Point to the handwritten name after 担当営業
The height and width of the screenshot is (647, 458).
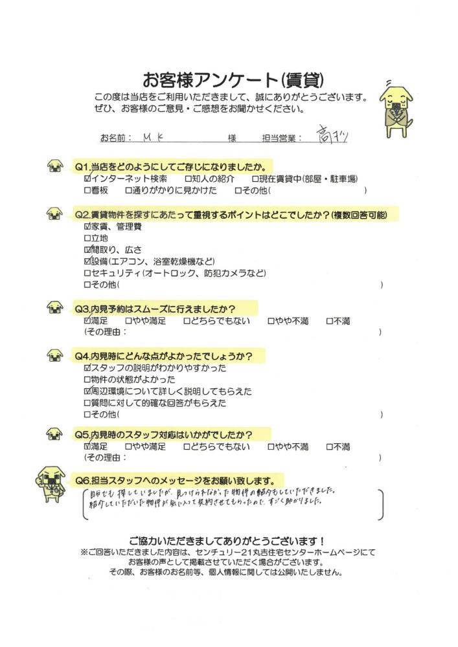point(333,135)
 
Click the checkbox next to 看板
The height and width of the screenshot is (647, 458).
point(87,191)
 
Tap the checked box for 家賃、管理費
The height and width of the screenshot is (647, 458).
point(87,227)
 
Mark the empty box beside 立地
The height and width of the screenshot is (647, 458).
point(87,239)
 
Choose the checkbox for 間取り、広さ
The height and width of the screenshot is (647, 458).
point(87,250)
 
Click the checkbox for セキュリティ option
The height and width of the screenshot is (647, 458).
point(87,274)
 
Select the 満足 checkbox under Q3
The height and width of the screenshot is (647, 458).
point(87,320)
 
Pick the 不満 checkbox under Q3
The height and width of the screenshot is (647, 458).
point(329,320)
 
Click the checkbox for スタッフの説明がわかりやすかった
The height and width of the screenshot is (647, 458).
point(87,368)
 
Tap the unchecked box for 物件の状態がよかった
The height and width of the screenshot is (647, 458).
point(87,380)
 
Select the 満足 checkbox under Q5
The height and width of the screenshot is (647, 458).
point(87,446)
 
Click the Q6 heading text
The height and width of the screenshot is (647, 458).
point(178,481)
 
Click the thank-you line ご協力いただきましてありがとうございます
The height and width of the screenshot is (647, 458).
point(227,540)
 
